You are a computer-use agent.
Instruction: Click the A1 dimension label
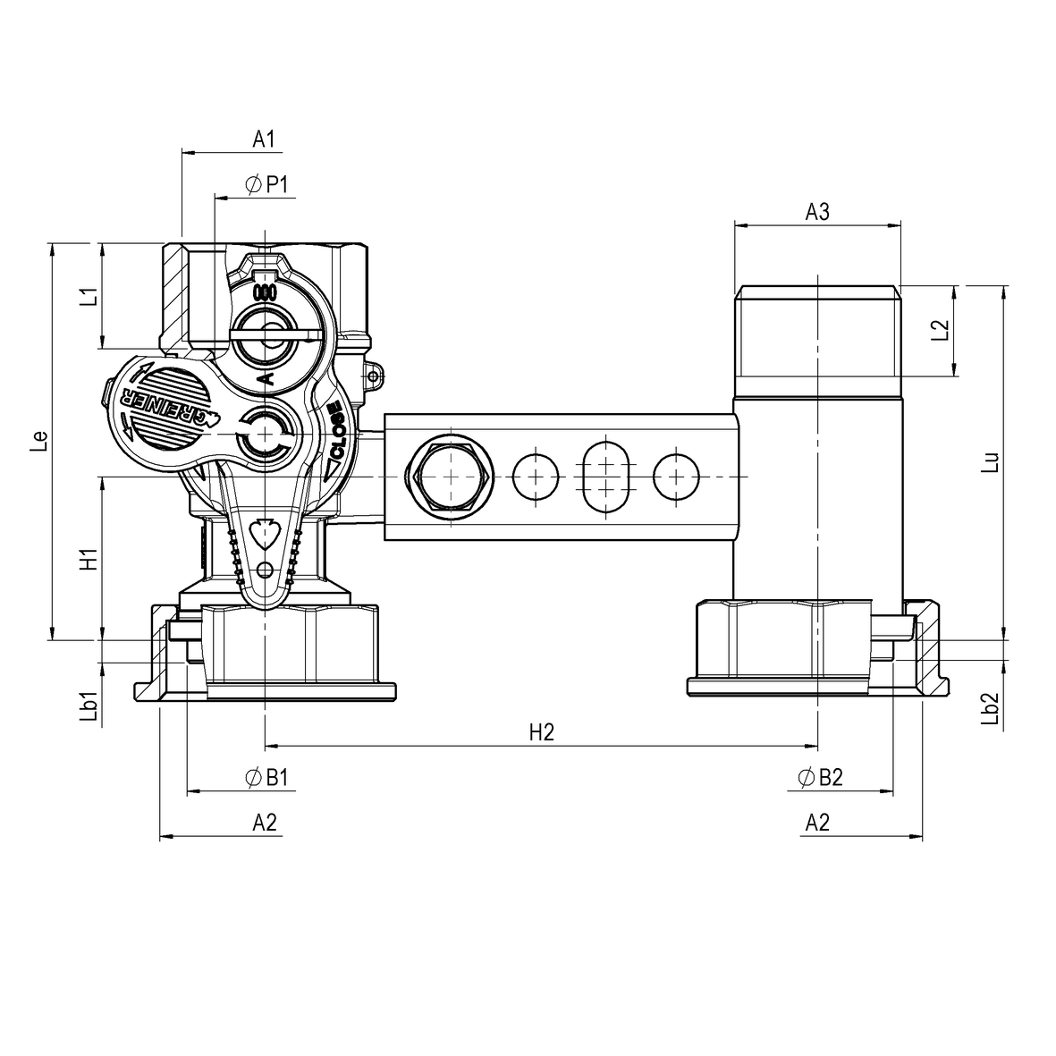[x=262, y=139]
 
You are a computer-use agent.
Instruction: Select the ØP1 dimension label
[x=266, y=184]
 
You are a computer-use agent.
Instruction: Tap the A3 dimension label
[x=817, y=212]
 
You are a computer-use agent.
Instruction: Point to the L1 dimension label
[x=87, y=297]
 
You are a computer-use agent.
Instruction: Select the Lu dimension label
[x=990, y=460]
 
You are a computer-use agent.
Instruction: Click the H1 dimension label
[x=87, y=559]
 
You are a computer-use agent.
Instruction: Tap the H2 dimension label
[x=542, y=732]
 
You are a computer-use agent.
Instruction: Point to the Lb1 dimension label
[x=87, y=705]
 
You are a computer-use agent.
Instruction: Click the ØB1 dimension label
[x=266, y=778]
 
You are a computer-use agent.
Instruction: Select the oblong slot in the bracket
[x=606, y=475]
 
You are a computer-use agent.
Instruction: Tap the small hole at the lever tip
[x=264, y=570]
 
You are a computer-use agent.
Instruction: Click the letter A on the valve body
[x=266, y=380]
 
